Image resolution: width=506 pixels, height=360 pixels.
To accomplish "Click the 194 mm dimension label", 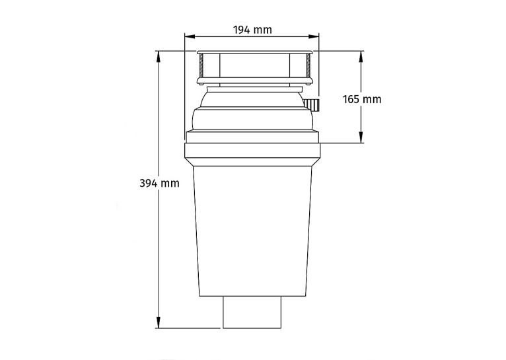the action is (252, 30).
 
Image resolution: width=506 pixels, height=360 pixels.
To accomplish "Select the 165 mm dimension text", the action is (362, 99).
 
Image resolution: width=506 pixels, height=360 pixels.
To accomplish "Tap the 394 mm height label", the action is (159, 183).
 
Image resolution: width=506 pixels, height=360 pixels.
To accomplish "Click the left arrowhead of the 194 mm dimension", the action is (190, 37).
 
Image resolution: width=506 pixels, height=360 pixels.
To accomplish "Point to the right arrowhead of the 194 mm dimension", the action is (314, 37).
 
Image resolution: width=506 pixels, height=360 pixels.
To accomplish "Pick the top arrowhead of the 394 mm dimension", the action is (159, 57).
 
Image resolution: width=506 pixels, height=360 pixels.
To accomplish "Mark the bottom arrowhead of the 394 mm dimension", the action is (159, 322).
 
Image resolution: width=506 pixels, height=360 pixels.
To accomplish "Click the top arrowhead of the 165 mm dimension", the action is (361, 57).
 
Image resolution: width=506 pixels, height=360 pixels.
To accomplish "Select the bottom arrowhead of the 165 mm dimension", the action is (361, 137).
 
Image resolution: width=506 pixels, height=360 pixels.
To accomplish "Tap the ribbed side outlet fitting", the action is (312, 105).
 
